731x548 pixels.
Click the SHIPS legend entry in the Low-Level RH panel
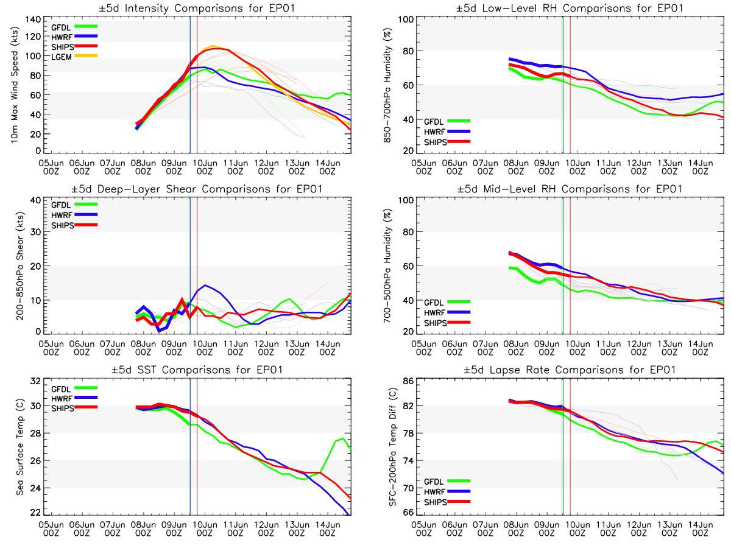pos(454,142)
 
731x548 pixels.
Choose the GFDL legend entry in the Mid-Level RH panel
pos(454,301)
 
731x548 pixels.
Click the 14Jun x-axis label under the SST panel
pos(328,525)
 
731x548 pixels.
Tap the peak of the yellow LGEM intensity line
pos(213,46)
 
